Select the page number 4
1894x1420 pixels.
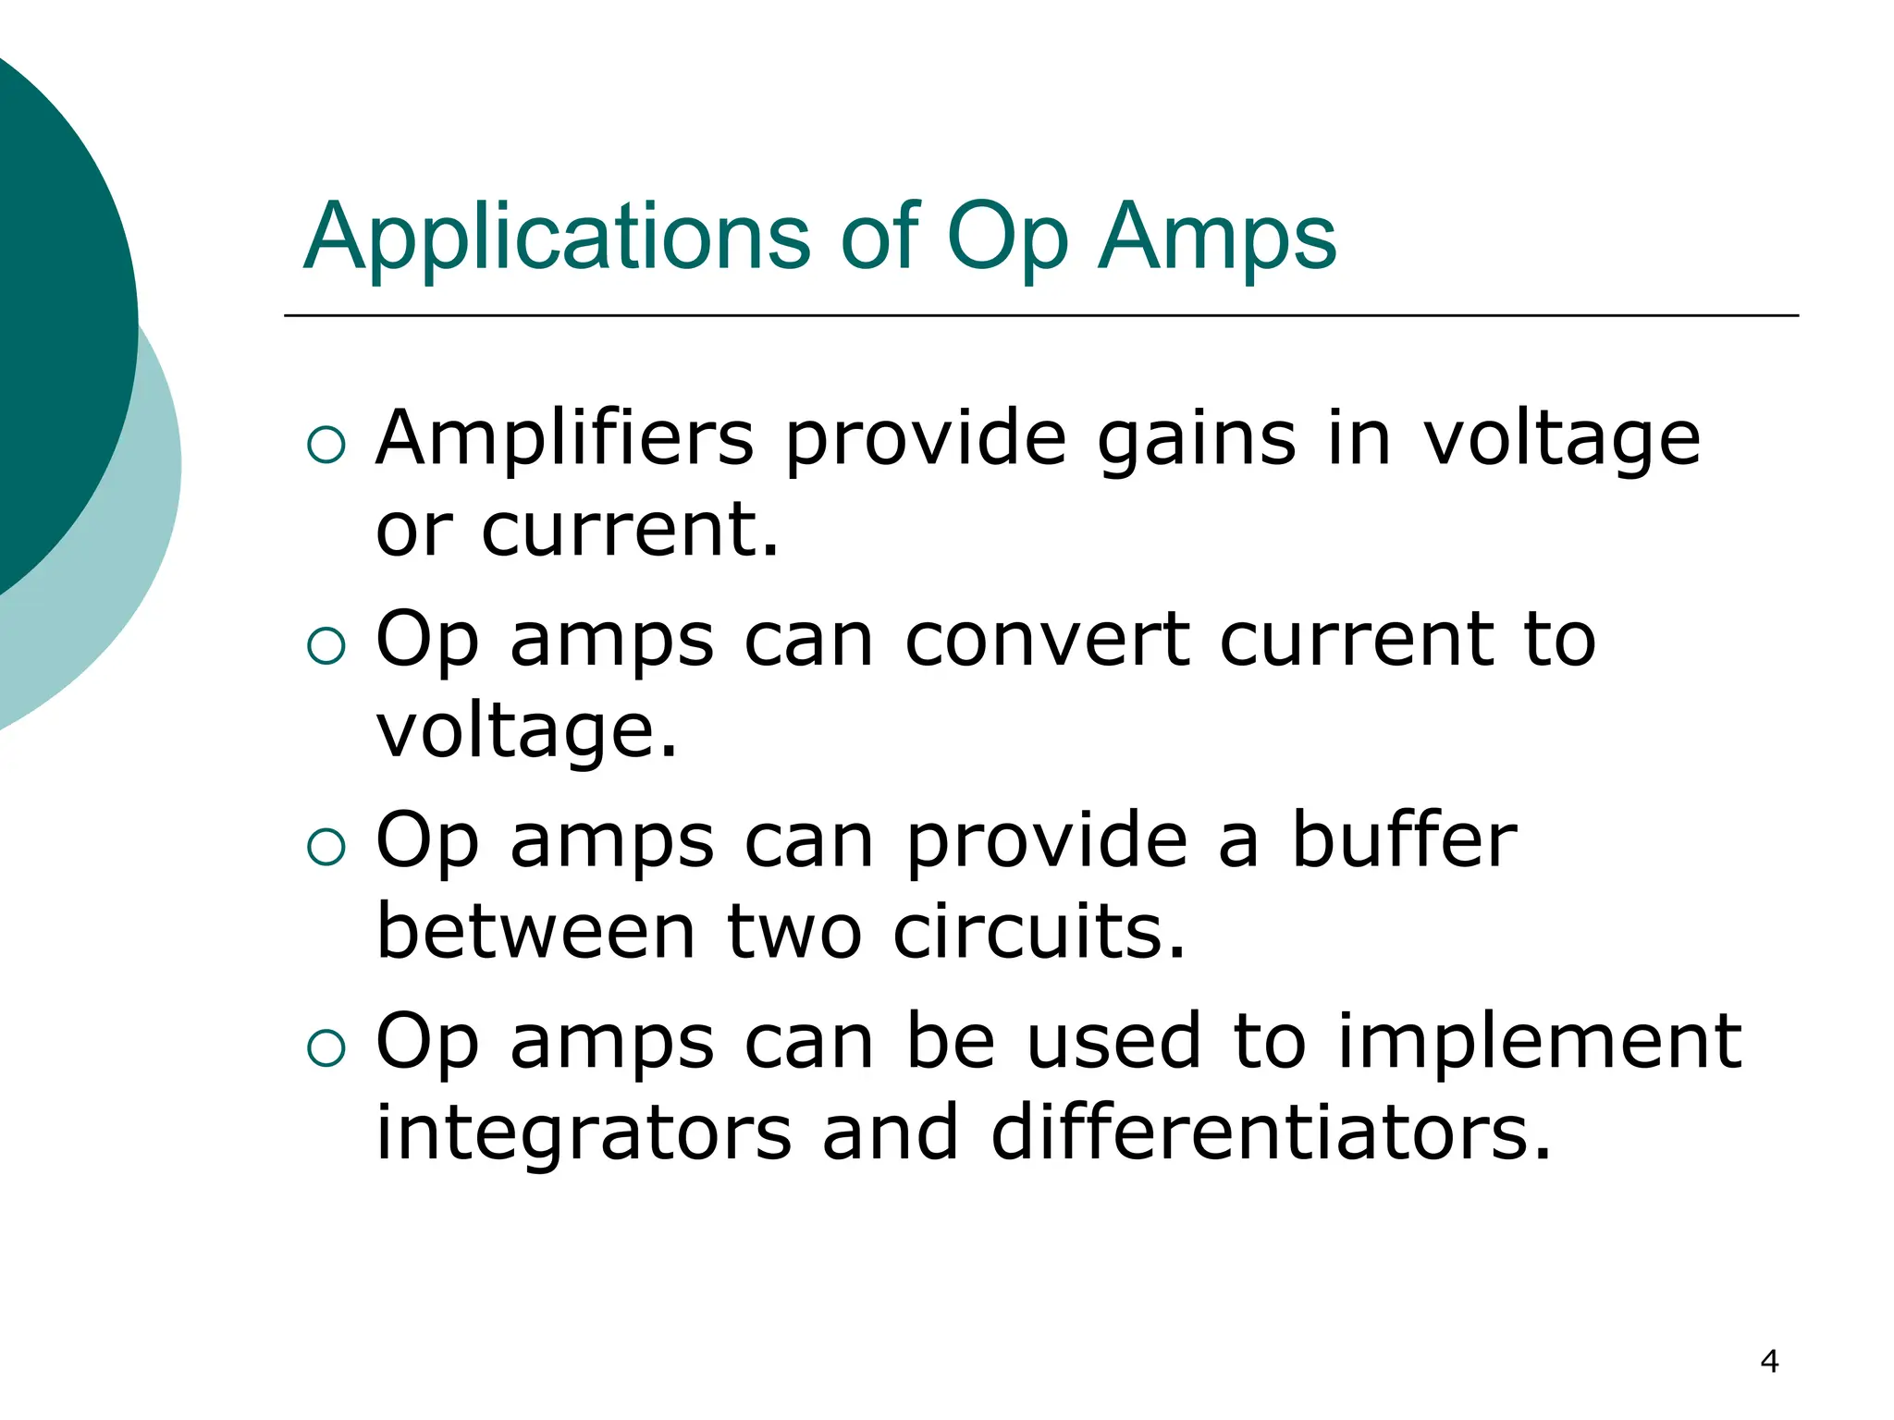point(1769,1361)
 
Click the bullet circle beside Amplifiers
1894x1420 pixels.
point(326,445)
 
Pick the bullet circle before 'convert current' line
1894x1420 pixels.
point(326,645)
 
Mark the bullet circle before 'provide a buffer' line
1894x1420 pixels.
point(326,846)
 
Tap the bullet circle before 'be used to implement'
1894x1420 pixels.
point(326,1047)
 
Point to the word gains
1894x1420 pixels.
point(1197,440)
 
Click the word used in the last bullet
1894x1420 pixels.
point(1114,1041)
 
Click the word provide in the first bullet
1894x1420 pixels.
point(926,440)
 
